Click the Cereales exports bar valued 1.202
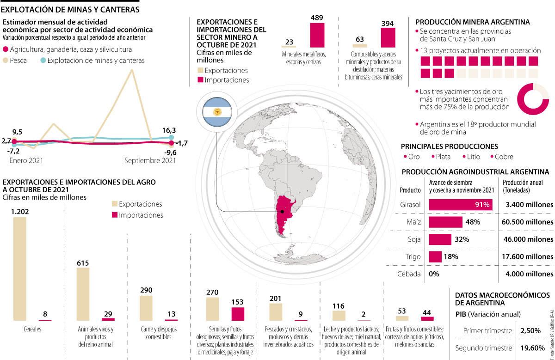pyautogui.click(x=20, y=268)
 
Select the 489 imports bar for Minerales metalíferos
pyautogui.click(x=317, y=35)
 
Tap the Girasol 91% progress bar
pyautogui.click(x=461, y=205)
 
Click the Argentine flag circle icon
pyautogui.click(x=216, y=113)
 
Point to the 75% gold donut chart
pyautogui.click(x=533, y=99)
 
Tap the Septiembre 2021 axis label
pyautogui.click(x=150, y=160)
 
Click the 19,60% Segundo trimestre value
pyautogui.click(x=532, y=348)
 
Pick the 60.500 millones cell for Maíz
pyautogui.click(x=527, y=222)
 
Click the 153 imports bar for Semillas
pyautogui.click(x=238, y=314)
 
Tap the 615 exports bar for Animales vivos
pyautogui.click(x=83, y=294)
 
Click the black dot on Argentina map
pyautogui.click(x=282, y=212)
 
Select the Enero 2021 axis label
pyautogui.click(x=26, y=160)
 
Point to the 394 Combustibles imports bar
pyautogui.click(x=388, y=37)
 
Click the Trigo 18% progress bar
pyautogui.click(x=435, y=256)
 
